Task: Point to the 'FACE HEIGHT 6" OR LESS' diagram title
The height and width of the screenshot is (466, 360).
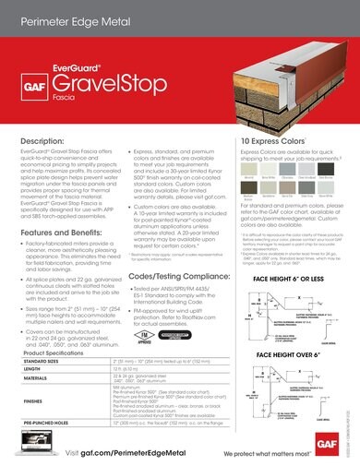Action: pyautogui.click(x=290, y=254)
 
